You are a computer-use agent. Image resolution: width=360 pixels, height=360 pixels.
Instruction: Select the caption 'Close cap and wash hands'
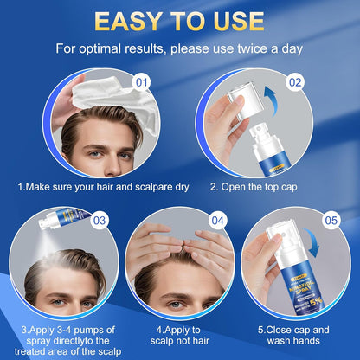pos(294,334)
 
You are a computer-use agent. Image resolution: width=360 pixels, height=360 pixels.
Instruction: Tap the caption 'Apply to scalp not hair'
pos(179,334)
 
